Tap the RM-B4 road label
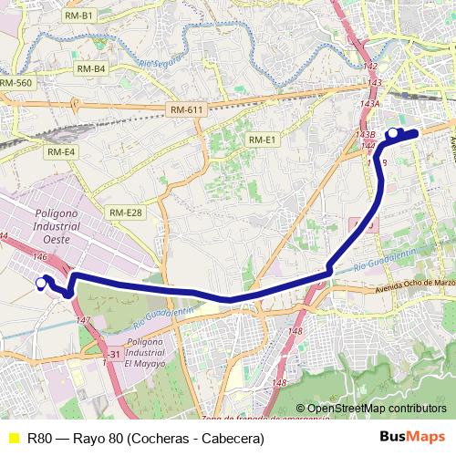(x=91, y=68)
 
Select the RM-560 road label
(x=16, y=82)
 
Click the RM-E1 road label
(x=261, y=139)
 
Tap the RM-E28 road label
(x=126, y=212)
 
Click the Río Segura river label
(x=161, y=65)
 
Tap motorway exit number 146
(x=39, y=258)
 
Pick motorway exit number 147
(x=83, y=320)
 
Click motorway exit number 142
(x=369, y=67)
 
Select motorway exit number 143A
(x=368, y=104)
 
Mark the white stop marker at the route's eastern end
(x=393, y=134)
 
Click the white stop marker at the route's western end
(x=40, y=284)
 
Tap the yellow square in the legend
(x=12, y=439)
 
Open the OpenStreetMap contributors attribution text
(x=376, y=409)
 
